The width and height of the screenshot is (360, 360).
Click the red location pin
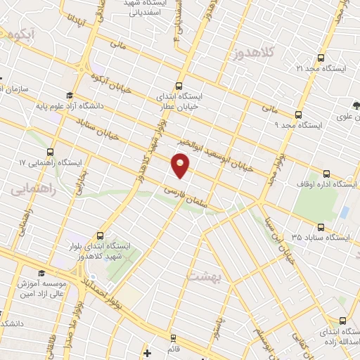pos(180,166)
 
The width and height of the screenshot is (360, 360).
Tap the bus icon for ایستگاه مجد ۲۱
pos(321,58)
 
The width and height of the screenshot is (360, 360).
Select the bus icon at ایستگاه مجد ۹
pos(298,114)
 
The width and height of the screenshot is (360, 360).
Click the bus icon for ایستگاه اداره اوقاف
pos(326,174)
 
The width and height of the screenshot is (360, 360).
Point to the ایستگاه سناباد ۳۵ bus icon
pos(321,227)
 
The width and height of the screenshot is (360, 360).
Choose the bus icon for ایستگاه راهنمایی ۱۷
pos(50,152)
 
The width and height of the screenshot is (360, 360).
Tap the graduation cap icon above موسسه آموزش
pos(41,272)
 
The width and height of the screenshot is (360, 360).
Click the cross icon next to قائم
pos(146,352)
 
